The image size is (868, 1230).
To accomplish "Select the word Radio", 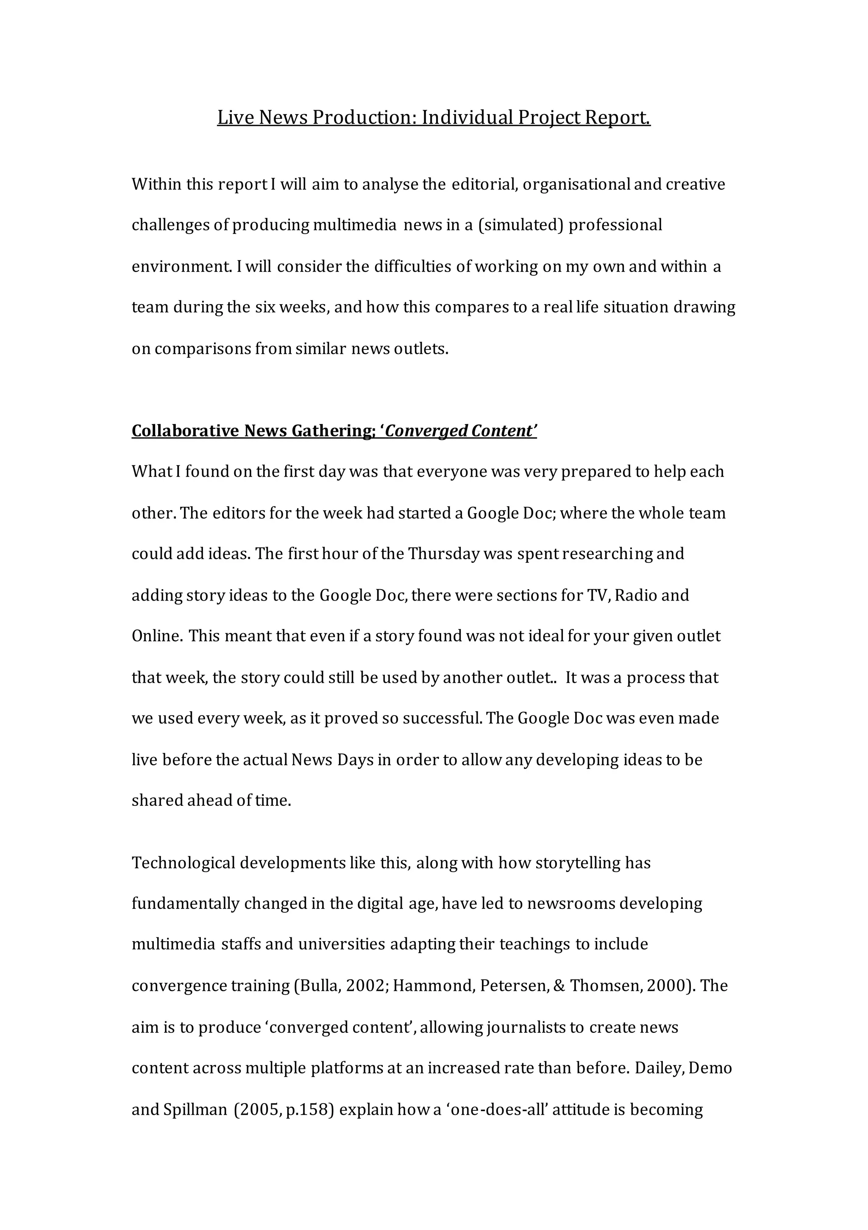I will click(x=636, y=595).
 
